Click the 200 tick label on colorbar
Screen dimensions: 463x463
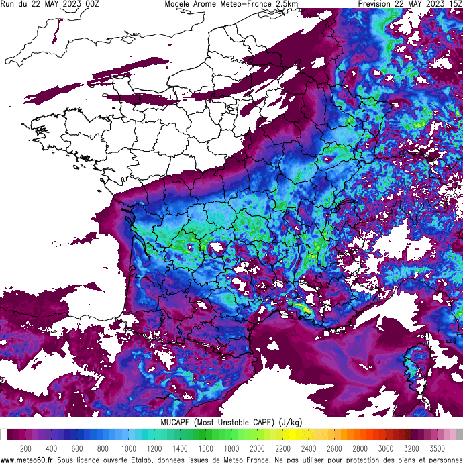[x=25, y=448]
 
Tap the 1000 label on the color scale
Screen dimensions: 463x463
[x=128, y=448]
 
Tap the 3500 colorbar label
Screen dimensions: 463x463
[x=438, y=448]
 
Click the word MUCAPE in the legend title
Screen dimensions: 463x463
[x=176, y=422]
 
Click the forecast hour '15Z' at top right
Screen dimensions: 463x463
[x=454, y=4]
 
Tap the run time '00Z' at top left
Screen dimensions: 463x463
[x=92, y=4]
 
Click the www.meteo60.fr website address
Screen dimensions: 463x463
[x=27, y=460]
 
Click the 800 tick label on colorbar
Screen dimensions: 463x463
[x=103, y=448]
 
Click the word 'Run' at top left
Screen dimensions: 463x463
[x=9, y=4]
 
